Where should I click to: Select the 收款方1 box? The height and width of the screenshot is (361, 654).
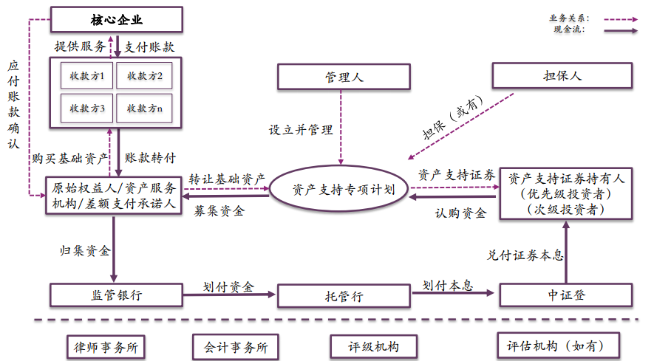point(87,75)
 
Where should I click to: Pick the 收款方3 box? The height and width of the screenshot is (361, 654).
point(87,108)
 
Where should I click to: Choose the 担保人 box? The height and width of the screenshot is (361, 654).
point(562,75)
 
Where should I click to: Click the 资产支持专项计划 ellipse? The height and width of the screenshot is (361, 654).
point(340,189)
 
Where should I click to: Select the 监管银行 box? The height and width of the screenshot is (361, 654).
point(116,295)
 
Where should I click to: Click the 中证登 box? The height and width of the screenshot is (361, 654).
point(566,295)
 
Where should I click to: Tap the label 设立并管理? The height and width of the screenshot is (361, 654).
point(300,130)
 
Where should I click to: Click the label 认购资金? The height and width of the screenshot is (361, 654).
point(460,213)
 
